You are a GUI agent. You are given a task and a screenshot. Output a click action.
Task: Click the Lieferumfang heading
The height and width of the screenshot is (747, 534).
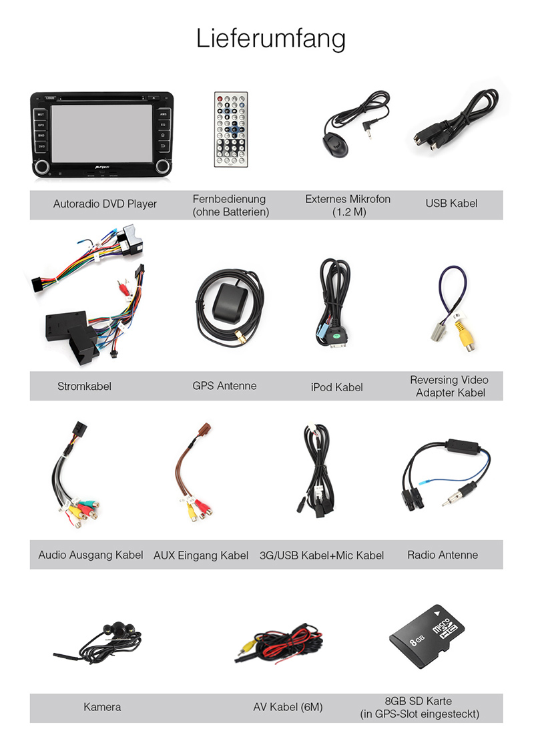[270, 38]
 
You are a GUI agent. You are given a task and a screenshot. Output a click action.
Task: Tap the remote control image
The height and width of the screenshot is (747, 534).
[230, 129]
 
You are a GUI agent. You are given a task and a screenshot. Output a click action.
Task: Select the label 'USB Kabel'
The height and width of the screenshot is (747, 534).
[451, 203]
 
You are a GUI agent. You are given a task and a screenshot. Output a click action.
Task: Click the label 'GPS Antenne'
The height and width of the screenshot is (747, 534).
[224, 386]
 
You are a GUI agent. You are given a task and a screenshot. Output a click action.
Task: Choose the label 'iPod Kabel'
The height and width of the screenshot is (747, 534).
[336, 387]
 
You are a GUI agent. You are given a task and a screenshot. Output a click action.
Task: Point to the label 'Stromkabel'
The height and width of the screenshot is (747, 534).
[84, 387]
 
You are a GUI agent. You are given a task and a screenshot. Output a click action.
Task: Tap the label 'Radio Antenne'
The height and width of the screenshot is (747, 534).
[442, 555]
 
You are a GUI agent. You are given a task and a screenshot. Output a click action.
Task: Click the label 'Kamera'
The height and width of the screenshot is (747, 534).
[102, 706]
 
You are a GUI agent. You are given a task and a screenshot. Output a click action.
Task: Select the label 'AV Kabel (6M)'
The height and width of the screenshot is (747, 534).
[288, 707]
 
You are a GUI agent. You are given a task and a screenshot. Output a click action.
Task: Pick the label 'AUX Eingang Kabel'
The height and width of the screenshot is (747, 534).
[200, 555]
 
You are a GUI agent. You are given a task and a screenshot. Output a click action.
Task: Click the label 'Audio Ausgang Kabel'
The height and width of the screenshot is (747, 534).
[90, 555]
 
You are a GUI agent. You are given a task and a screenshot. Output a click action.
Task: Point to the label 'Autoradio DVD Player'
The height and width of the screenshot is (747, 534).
[105, 204]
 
